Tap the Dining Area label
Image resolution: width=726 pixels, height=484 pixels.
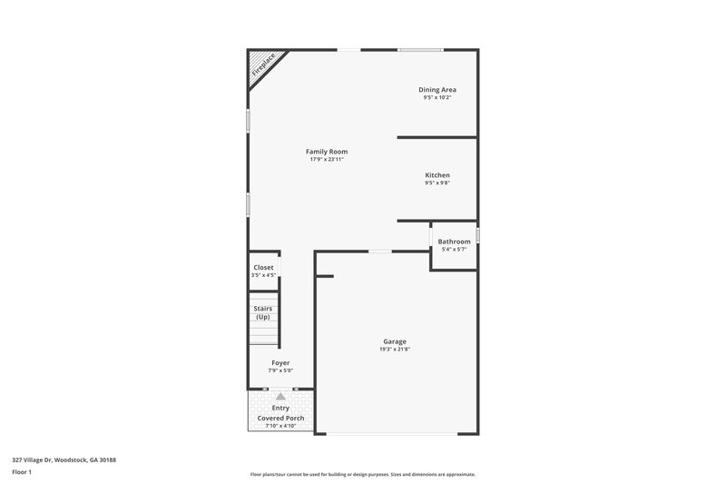point(437,90)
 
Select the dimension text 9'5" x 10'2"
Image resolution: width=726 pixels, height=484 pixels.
point(437,98)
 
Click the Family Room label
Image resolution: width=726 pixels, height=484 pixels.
point(327,152)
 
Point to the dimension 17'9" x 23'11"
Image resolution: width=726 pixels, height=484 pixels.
point(327,160)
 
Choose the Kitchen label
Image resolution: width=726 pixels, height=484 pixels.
point(437,175)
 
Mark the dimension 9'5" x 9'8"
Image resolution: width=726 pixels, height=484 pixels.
point(437,183)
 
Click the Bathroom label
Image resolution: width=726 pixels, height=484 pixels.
point(455,242)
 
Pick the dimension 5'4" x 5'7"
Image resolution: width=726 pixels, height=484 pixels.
point(455,250)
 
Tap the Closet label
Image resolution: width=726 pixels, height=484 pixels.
point(263,268)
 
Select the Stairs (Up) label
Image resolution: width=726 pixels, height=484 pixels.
point(263,312)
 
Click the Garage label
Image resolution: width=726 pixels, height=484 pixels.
point(395,341)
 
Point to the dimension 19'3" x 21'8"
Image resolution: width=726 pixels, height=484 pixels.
point(395,350)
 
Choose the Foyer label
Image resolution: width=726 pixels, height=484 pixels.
point(280,362)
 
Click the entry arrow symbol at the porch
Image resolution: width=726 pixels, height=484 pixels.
point(280,396)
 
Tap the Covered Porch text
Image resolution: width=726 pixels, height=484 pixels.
point(280,418)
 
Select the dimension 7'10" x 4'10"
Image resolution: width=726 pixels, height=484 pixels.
point(280,426)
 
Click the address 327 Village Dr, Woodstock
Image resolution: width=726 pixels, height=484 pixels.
point(64,460)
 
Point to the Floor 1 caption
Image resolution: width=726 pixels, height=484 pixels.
point(22,472)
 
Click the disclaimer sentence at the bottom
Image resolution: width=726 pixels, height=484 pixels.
point(362,474)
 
